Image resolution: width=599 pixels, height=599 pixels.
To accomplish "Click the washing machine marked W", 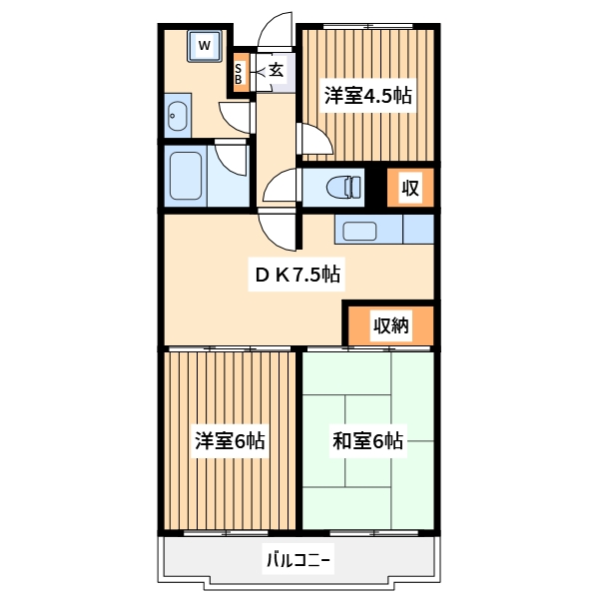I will click(205, 45).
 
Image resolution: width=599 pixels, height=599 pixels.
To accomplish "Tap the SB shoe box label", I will click(240, 74).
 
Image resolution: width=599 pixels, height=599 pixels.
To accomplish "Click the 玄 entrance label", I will click(276, 71).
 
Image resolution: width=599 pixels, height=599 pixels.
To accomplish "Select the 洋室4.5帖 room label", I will click(367, 97).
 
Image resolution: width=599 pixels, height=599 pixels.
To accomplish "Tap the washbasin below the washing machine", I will click(177, 118).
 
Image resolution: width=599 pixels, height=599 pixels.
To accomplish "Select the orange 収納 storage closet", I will click(391, 324).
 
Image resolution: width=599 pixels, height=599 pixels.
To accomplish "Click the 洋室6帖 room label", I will click(230, 440).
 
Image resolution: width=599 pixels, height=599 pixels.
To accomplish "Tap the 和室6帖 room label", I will click(367, 440).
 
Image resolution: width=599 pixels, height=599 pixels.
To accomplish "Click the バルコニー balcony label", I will click(298, 560).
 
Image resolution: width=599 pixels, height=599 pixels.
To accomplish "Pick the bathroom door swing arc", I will click(233, 155).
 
